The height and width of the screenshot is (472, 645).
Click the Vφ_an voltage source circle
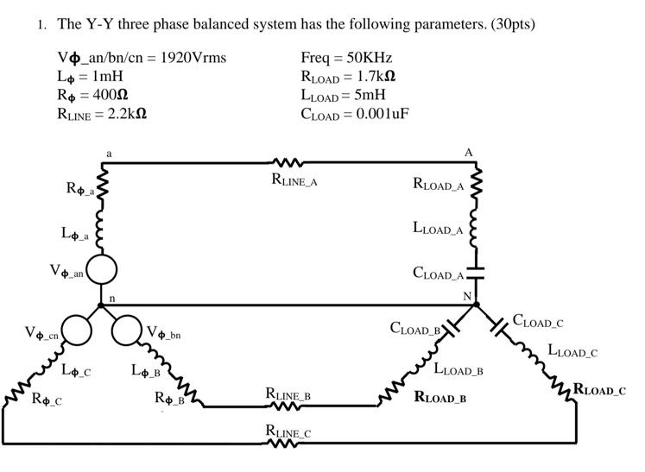click(102, 270)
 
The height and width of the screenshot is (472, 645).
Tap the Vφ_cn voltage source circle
click(74, 330)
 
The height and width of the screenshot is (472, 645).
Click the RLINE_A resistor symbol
click(288, 163)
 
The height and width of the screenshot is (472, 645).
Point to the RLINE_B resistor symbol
click(288, 406)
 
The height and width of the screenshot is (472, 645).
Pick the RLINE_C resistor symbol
click(288, 444)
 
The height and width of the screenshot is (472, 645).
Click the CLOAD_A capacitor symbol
click(475, 273)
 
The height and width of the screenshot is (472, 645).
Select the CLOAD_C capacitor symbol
click(499, 327)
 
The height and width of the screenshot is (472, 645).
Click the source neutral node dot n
click(101, 305)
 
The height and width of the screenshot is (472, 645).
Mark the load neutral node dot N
click(476, 305)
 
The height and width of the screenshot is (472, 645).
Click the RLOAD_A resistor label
click(439, 185)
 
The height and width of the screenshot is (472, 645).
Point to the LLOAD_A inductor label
click(438, 229)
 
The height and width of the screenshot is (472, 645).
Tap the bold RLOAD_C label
click(599, 390)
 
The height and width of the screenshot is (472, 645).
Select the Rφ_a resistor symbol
click(102, 183)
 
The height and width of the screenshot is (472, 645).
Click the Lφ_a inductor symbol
click(102, 230)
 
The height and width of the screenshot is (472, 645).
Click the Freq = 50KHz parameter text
click(346, 58)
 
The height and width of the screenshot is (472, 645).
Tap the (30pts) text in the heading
click(513, 24)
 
